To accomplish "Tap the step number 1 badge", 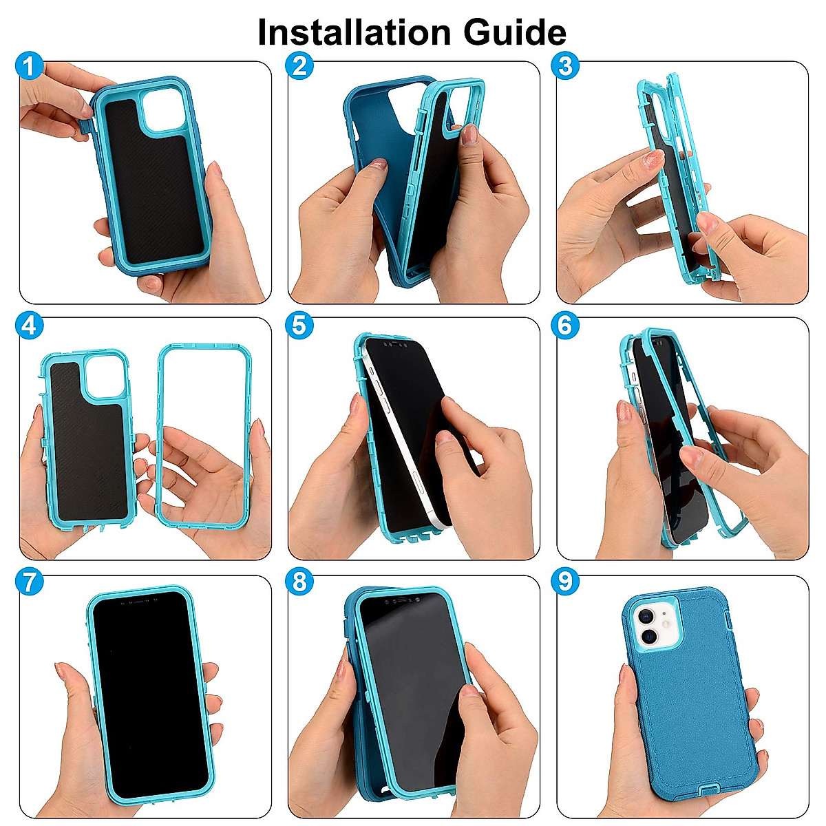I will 29,67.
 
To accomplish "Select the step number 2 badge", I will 299,67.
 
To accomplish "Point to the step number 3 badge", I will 566,67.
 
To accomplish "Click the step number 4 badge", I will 29,325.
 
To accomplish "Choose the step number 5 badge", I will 299,325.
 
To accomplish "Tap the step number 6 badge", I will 566,325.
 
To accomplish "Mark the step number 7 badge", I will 29,582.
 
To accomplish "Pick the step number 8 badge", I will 299,582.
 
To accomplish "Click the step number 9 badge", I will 566,582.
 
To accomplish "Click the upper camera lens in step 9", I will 646,615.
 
